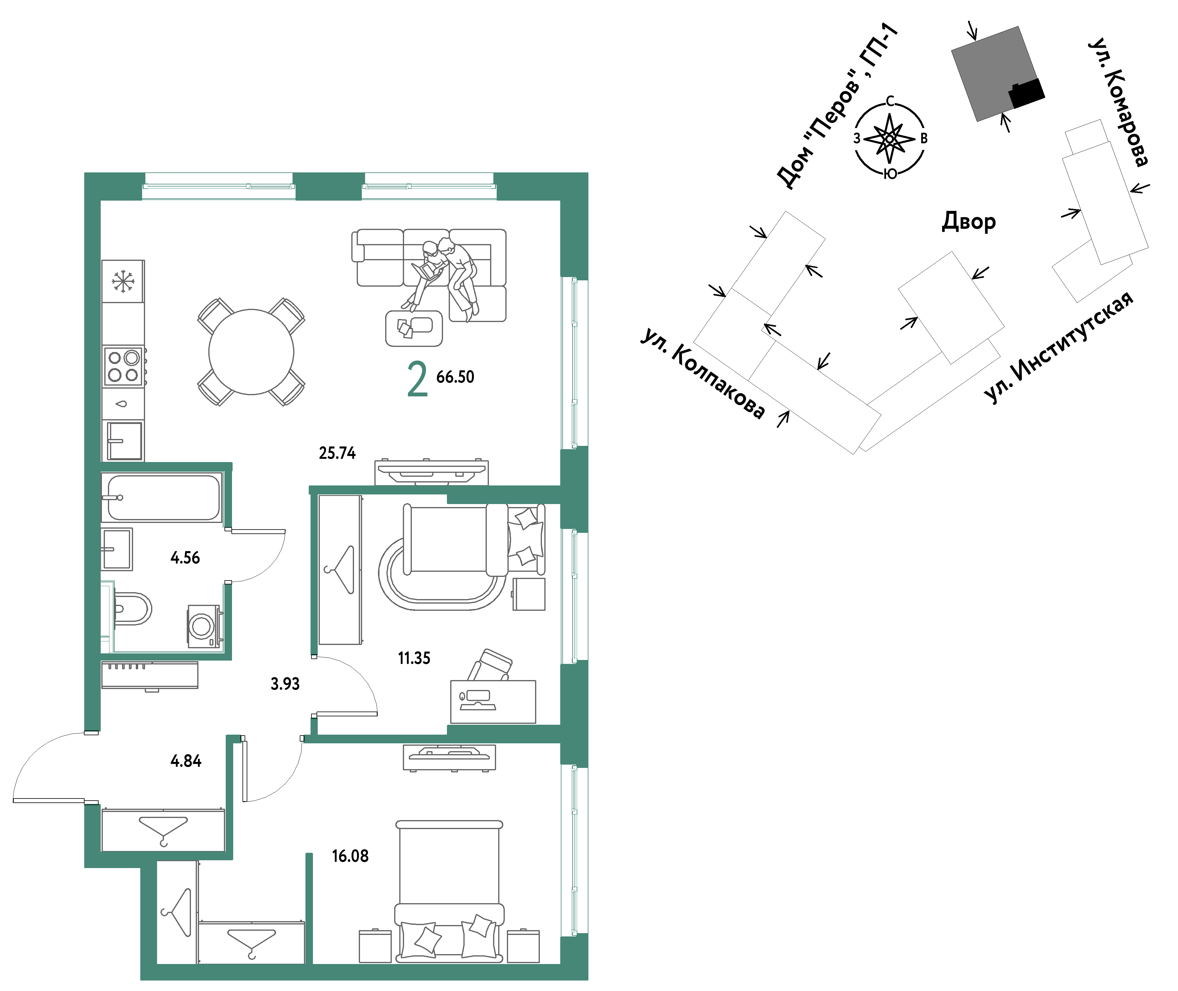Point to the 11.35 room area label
tap(414, 658)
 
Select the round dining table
tap(251, 352)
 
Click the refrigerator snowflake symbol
tap(122, 281)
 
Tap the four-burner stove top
tap(123, 366)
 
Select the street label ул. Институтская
tap(1058, 347)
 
